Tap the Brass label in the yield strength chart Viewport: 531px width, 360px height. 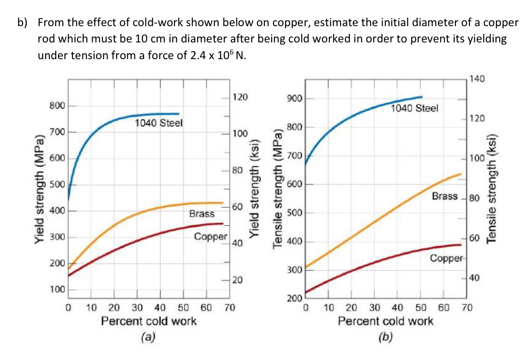[202, 213]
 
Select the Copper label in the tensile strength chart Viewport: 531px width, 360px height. [447, 258]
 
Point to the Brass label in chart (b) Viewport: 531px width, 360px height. [445, 196]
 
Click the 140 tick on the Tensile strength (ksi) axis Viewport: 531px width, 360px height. [477, 79]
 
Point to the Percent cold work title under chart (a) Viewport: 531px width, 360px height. [149, 321]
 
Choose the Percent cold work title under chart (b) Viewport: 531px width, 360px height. [386, 321]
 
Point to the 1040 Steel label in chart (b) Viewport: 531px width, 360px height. [415, 108]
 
